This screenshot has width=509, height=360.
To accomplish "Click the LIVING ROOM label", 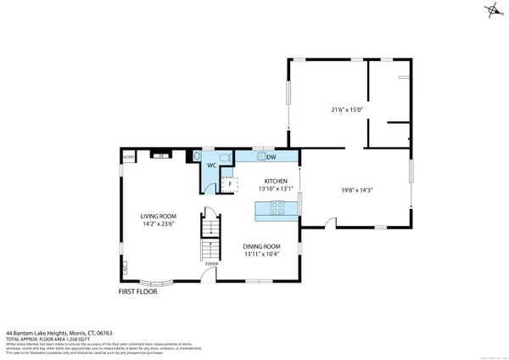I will click(x=158, y=216).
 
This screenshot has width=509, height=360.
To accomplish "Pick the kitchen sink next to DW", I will click(x=260, y=157).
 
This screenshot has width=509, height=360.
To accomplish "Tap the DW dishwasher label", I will click(x=272, y=158).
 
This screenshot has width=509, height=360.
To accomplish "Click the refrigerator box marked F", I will click(x=227, y=183).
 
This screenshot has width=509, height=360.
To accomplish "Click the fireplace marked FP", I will click(x=159, y=155).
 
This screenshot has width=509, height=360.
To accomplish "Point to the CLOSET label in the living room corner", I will click(x=129, y=158).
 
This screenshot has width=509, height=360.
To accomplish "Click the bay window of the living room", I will click(x=155, y=284).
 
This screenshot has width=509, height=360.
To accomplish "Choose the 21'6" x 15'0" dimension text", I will click(x=346, y=110).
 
